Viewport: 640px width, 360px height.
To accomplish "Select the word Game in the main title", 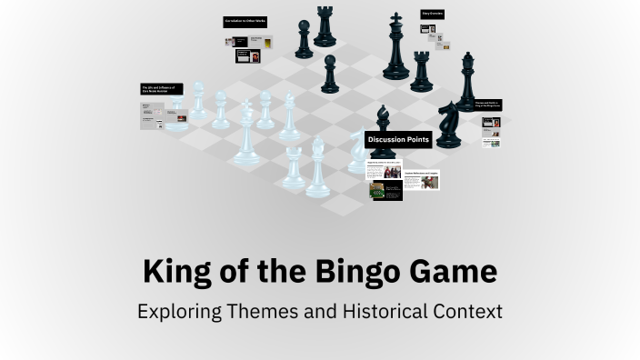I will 454,272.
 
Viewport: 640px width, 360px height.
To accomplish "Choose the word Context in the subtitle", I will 469,311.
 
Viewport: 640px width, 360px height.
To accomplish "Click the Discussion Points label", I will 397,140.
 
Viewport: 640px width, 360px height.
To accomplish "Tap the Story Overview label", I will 433,15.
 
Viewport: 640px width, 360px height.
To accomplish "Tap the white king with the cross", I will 245,136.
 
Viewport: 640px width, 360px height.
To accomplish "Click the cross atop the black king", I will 395,19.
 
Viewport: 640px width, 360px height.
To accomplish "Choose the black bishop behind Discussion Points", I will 384,119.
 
